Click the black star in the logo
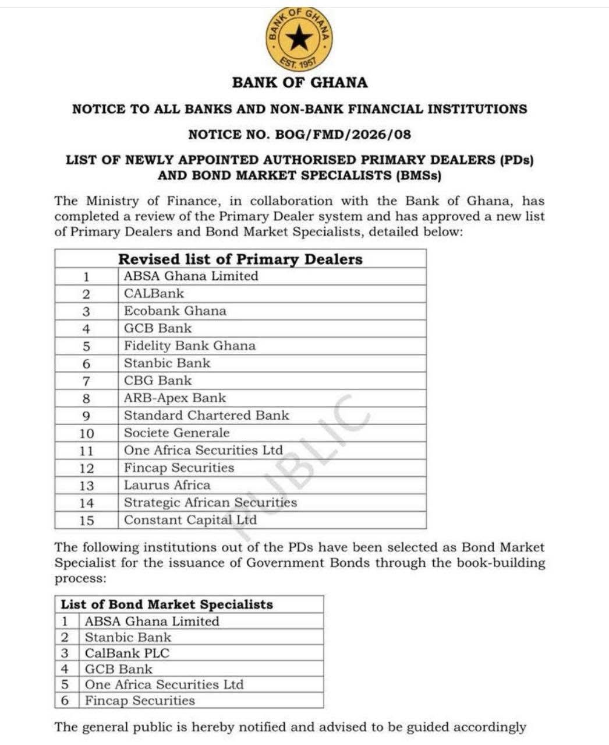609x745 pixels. point(300,39)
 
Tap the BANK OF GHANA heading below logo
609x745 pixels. point(300,83)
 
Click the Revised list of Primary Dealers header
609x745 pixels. point(240,259)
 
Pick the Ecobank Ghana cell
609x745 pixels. point(175,311)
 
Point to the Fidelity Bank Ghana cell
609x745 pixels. point(190,346)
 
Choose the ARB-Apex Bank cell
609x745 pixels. point(175,398)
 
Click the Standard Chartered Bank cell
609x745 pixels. point(206,416)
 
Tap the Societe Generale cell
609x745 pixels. point(176,433)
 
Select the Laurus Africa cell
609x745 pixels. point(167,485)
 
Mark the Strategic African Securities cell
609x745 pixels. point(210,502)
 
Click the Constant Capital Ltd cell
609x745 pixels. point(190,520)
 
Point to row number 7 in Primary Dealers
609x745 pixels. point(86,381)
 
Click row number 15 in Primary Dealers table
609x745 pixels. point(86,521)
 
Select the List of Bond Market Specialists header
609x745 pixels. point(167,605)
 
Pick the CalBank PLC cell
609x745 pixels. point(127,653)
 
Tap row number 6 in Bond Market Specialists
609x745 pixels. point(65,701)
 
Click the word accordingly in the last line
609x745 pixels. point(490,728)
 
